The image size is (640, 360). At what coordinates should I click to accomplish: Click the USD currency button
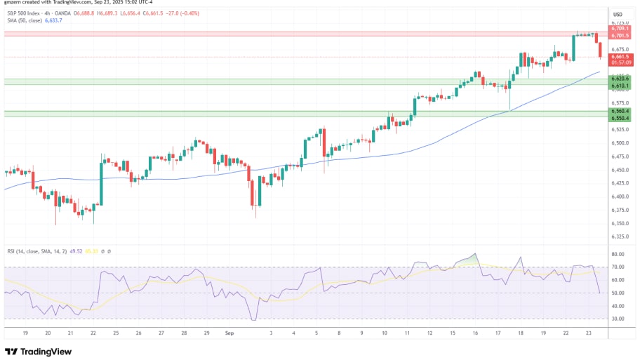pos(618,14)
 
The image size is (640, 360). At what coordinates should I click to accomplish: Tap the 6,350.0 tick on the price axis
pos(619,223)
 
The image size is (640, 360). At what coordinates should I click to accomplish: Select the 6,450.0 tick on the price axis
pos(619,170)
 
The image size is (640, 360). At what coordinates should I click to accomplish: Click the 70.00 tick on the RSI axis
pos(618,267)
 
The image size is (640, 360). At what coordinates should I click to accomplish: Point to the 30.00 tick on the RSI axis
pos(618,319)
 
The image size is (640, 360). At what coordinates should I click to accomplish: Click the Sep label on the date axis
pos(229,334)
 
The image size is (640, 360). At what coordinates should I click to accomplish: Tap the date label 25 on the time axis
pos(115,334)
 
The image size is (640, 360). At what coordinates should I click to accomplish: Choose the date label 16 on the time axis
pos(475,334)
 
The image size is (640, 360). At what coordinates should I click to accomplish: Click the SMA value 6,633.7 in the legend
pos(53,20)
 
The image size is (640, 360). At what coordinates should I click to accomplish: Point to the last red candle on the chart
pos(599,48)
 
